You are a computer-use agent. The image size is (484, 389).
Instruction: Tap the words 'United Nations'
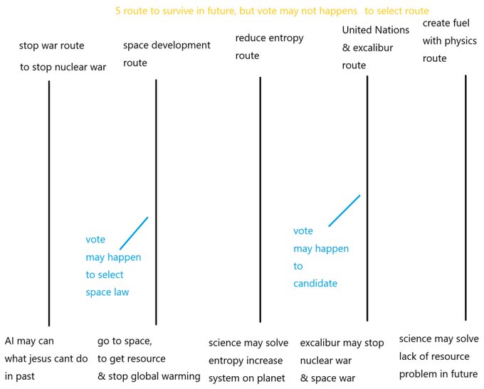pos(376,30)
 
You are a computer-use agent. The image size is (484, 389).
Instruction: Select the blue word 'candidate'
pos(315,283)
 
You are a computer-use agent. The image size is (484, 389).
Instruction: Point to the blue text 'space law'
pos(107,292)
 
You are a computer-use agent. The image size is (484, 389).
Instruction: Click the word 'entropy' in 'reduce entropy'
pos(286,38)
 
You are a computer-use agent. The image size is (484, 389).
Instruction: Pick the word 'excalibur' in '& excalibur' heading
pos(373,48)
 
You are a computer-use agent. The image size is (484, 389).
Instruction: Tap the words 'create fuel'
pos(446,23)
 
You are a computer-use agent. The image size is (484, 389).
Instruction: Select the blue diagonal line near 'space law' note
pos(134,233)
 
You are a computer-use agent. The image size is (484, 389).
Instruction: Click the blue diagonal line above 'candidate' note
pos(344,211)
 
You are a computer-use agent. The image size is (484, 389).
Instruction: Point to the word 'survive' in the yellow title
pos(176,11)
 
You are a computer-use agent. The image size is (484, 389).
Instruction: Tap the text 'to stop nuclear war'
pos(63,67)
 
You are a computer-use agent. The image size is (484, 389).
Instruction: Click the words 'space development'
pos(167,46)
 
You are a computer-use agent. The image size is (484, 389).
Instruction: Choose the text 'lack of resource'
pos(434,356)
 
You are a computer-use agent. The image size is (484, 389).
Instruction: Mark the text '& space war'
pos(327,378)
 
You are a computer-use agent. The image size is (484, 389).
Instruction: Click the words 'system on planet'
pos(247,378)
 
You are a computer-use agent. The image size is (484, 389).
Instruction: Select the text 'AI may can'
pos(29,341)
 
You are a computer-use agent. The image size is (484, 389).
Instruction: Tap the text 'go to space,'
pos(125,341)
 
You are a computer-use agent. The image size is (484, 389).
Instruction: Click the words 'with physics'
pos(449,41)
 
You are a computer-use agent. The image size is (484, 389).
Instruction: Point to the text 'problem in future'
pos(438,374)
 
